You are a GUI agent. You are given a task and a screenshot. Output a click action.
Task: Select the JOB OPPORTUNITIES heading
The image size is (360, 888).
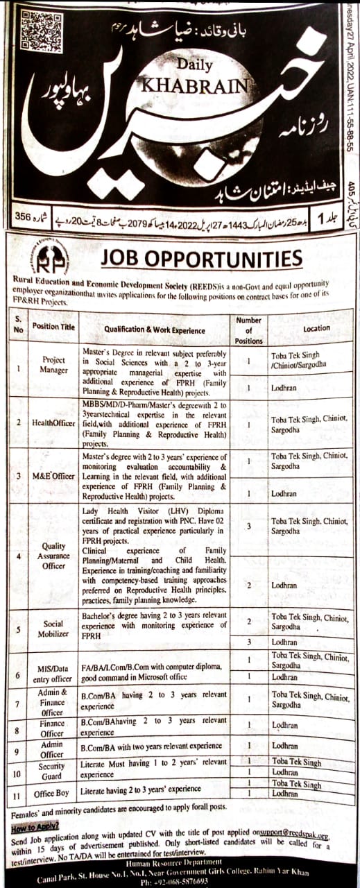pos(201,259)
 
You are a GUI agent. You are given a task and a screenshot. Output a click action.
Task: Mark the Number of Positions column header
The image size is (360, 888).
pos(248,330)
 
